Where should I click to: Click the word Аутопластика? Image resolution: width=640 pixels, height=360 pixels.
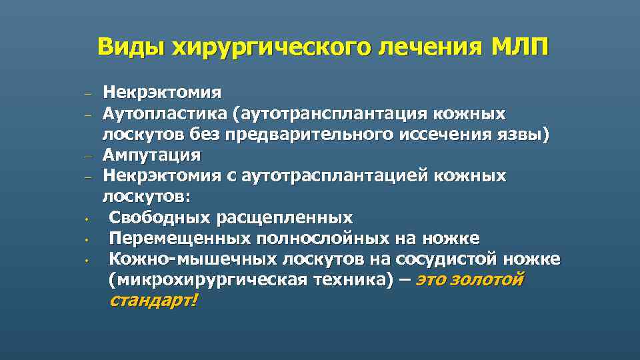(x=164, y=113)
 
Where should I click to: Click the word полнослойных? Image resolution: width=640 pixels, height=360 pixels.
(x=327, y=238)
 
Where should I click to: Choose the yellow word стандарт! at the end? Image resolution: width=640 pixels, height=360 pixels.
(x=153, y=301)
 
